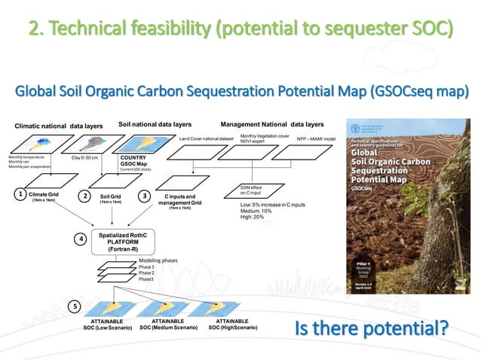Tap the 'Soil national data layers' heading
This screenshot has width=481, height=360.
point(155,123)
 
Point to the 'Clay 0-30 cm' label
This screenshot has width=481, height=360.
point(84,157)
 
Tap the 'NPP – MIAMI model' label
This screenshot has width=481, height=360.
point(316,139)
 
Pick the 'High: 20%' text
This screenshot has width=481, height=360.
point(253,217)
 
